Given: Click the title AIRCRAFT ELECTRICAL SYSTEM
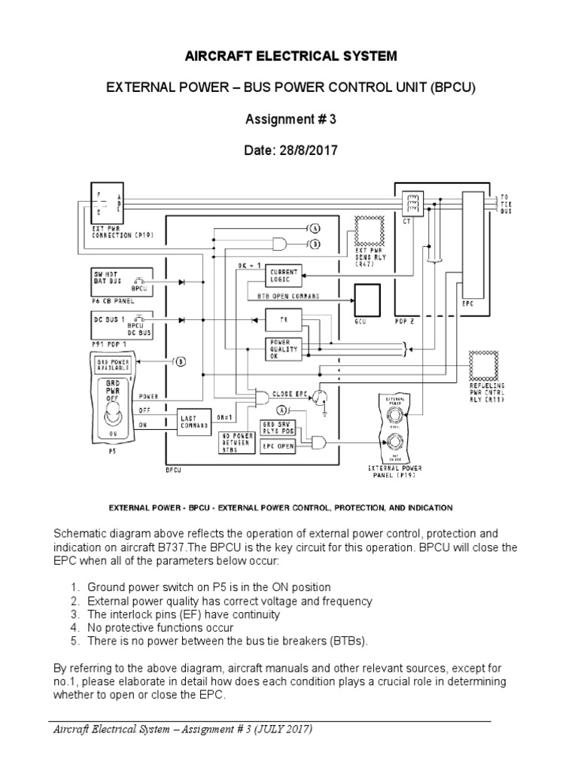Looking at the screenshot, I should point(289,56).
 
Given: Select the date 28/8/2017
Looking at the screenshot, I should point(289,151).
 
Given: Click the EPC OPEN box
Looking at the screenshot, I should point(278,446).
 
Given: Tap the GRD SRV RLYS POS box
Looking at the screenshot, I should point(278,428).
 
